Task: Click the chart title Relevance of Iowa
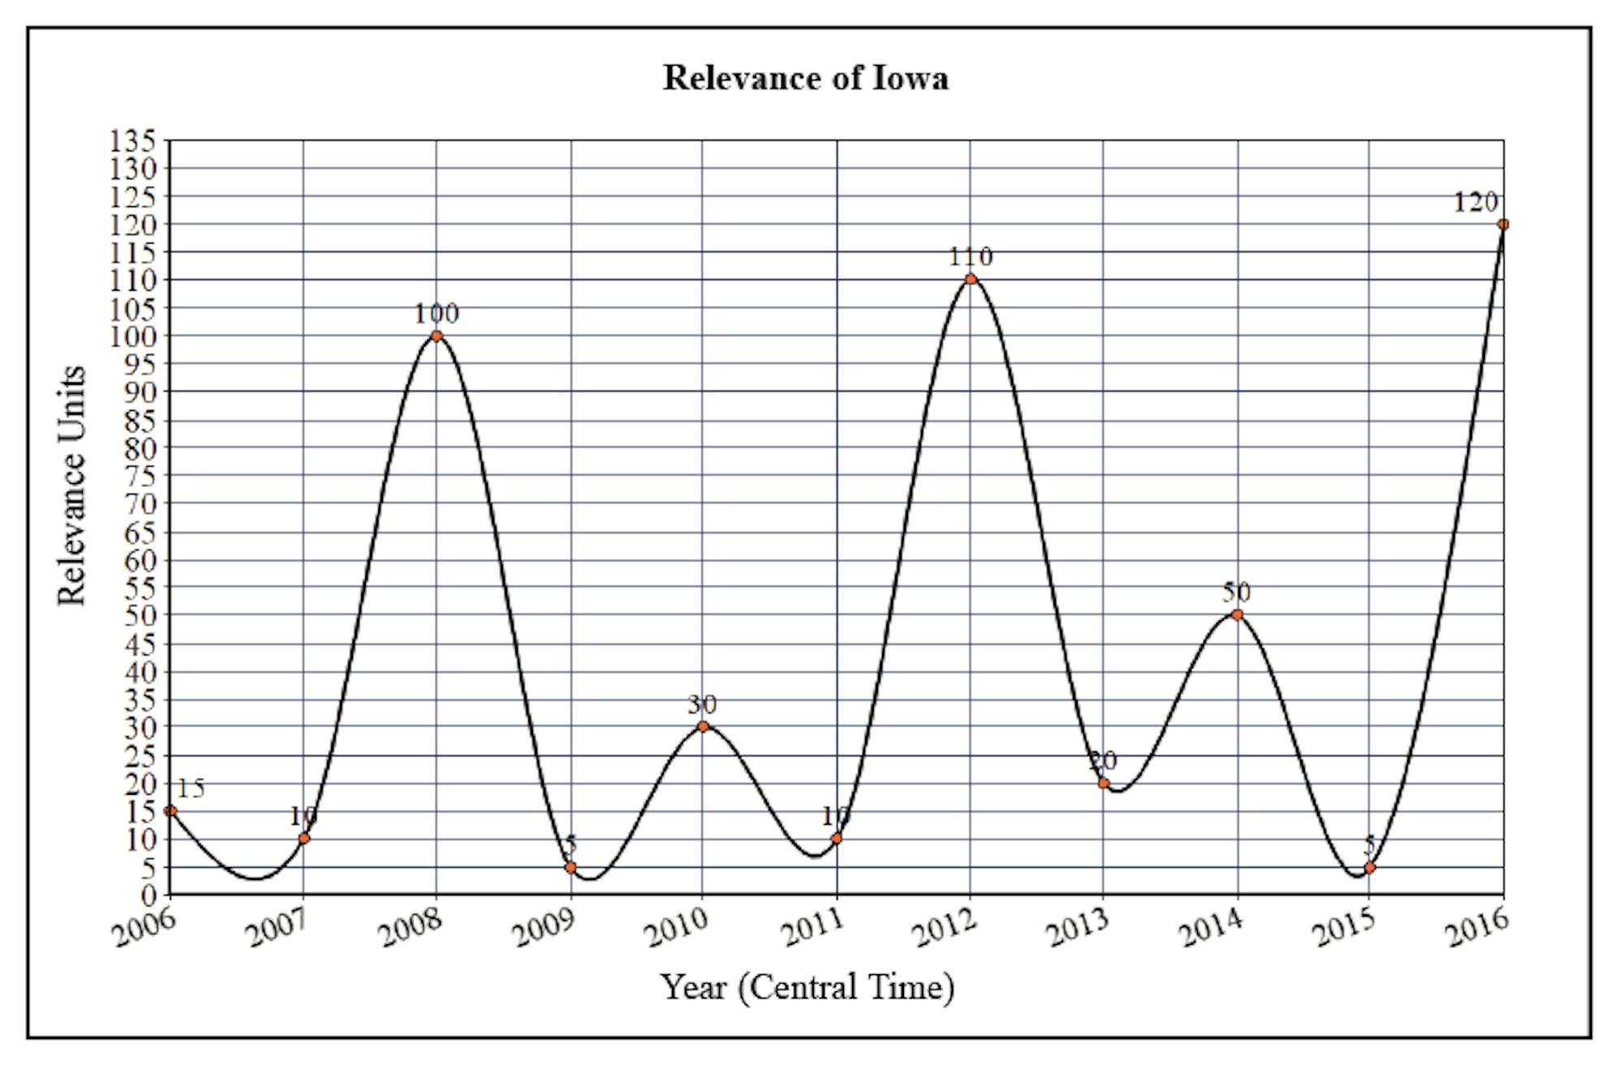805,78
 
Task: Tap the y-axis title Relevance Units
72,485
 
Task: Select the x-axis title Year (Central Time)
807,987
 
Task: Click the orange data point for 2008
437,335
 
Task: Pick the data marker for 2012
971,279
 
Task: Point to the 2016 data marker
1503,224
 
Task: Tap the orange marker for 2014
1237,615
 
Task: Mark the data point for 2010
704,726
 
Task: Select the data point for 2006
170,810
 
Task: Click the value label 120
1474,202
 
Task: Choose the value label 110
971,257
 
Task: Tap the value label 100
437,313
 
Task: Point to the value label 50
1237,592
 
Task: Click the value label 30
703,704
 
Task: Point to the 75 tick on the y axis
140,475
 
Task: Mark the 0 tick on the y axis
149,895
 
